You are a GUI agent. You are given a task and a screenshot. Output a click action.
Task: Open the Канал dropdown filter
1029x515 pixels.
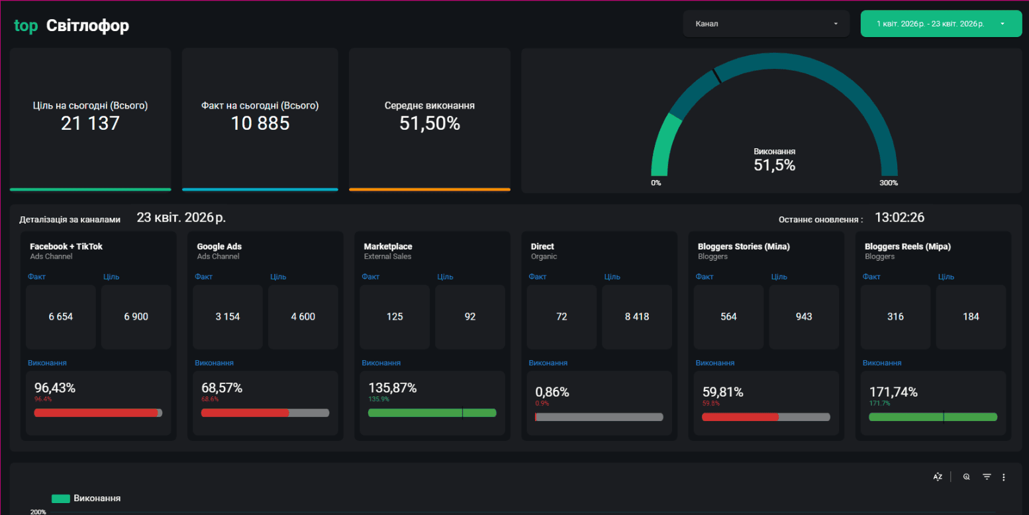tap(765, 23)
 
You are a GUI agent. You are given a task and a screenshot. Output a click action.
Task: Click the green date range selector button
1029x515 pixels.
tap(941, 23)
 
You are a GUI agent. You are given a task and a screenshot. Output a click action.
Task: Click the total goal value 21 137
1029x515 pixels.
tap(90, 123)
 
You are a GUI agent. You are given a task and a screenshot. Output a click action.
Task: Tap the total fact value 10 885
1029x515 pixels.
tap(260, 123)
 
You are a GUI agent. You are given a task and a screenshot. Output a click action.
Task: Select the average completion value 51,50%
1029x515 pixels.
tap(430, 123)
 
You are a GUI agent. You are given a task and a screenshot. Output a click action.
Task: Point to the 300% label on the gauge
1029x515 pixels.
tap(889, 183)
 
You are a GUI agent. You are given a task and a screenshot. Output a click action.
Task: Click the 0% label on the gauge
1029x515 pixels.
tap(656, 183)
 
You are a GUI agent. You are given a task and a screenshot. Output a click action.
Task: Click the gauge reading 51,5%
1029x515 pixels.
tap(775, 165)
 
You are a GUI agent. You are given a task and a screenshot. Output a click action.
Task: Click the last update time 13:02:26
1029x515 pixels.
tap(899, 217)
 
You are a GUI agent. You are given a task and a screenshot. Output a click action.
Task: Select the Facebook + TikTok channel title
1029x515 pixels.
tap(66, 246)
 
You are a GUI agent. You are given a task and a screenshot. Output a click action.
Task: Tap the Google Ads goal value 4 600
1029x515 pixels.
tap(303, 316)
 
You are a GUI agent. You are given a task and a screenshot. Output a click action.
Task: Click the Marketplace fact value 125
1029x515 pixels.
tap(395, 316)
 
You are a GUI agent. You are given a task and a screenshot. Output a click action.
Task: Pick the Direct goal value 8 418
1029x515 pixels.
tap(637, 316)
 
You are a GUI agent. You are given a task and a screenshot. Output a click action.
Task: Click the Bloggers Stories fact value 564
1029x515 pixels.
tap(728, 316)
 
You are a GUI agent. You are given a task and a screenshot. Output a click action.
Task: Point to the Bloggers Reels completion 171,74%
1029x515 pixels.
tap(893, 392)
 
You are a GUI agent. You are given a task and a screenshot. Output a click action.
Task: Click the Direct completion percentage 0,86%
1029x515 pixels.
tap(552, 392)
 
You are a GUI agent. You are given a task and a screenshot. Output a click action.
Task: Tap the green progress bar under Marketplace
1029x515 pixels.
tap(432, 412)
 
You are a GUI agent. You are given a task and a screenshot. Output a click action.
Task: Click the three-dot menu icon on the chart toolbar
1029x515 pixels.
tap(1004, 477)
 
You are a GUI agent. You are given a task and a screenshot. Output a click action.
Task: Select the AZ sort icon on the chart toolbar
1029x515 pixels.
tap(938, 477)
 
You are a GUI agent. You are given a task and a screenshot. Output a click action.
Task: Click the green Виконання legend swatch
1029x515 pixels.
tap(61, 498)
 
